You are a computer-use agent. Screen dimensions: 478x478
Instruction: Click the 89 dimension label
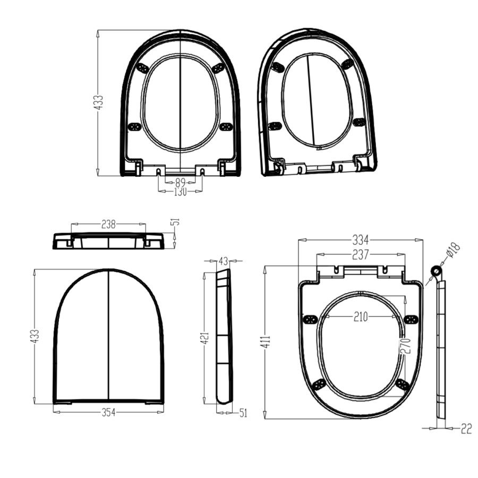tap(180, 182)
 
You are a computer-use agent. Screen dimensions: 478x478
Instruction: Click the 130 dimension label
tap(180, 192)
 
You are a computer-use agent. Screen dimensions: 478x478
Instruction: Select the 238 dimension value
tap(108, 225)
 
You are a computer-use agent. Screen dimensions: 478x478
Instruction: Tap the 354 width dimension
tap(108, 412)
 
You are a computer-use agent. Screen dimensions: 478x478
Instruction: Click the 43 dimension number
tap(223, 261)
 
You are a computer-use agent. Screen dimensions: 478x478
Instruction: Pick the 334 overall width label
tap(361, 241)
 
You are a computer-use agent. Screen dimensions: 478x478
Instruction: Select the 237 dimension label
tap(361, 255)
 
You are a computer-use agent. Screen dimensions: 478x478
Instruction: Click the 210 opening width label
tap(361, 317)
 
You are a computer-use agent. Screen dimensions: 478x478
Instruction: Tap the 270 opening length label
tap(405, 347)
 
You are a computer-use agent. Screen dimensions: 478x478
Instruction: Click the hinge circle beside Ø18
tap(436, 271)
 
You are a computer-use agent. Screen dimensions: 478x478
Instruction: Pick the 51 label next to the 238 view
tap(176, 221)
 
